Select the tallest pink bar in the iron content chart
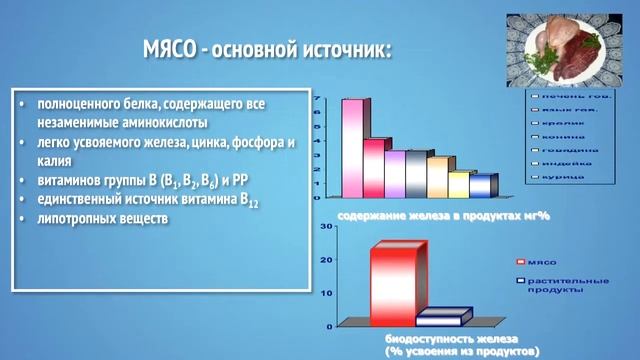pyautogui.click(x=351, y=146)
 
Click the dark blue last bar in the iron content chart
pyautogui.click(x=482, y=186)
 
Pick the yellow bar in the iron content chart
pyautogui.click(x=458, y=184)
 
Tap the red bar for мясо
pyautogui.click(x=392, y=282)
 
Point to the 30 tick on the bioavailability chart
pyautogui.click(x=326, y=229)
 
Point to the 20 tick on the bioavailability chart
pyautogui.click(x=326, y=260)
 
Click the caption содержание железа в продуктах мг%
pyautogui.click(x=430, y=214)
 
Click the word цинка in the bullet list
pyautogui.click(x=191, y=142)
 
